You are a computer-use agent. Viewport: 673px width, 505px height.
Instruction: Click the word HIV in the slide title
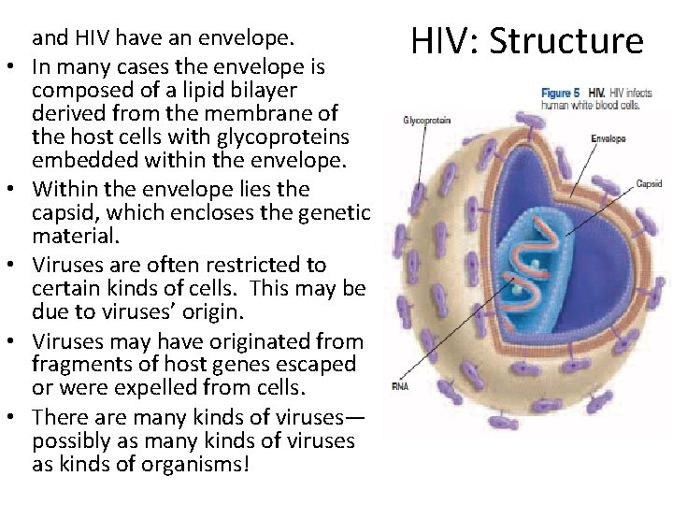point(441,42)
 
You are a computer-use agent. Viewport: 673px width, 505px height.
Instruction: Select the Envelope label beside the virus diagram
point(608,139)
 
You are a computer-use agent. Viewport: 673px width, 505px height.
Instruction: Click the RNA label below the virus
point(399,386)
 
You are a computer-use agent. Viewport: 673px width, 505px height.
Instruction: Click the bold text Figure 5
point(561,94)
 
